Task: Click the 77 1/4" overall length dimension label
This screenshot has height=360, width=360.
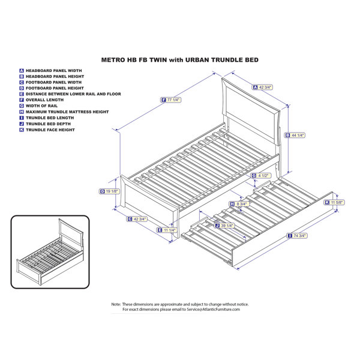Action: coord(171,100)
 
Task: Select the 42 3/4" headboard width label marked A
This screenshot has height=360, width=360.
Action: coord(263,87)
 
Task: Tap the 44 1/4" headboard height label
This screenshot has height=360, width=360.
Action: coord(295,135)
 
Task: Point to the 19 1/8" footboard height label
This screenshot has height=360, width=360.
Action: coord(109,191)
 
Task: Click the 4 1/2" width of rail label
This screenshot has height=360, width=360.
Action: coord(260,176)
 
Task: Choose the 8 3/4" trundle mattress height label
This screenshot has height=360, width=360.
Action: coord(239,204)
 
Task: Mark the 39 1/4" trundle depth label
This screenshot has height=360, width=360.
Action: coord(224,226)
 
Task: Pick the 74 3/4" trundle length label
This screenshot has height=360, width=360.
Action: coord(297,236)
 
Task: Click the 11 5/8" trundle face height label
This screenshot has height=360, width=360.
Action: coord(334,203)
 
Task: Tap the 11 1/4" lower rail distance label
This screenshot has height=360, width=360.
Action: coord(167,230)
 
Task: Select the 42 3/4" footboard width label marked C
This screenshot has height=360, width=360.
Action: coord(137,219)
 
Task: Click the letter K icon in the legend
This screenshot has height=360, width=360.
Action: coord(22,130)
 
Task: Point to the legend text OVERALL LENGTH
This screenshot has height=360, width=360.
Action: coord(44,100)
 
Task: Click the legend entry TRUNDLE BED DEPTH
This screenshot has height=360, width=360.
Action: coord(48,124)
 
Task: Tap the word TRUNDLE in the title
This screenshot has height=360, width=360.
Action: coord(225,60)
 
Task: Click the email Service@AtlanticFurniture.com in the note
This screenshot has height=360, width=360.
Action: coord(213,309)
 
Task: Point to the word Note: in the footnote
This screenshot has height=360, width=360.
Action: coord(116,304)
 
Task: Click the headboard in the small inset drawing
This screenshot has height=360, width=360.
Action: coord(71,231)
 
